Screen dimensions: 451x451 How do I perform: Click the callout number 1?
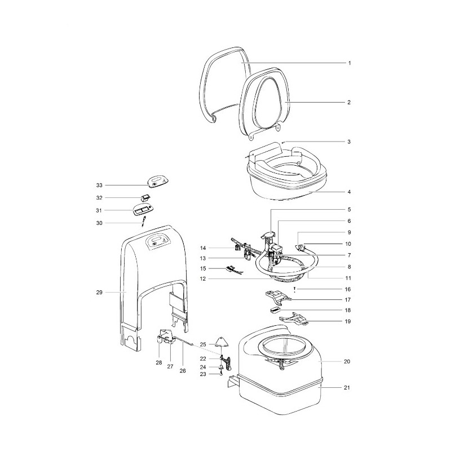point(349,63)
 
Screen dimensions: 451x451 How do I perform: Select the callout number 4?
point(349,192)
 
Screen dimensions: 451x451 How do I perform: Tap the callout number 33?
point(99,185)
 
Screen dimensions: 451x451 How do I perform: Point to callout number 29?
point(99,292)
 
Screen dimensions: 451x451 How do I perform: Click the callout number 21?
point(349,388)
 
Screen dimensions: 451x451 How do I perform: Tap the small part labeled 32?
point(145,197)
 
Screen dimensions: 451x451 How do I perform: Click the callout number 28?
point(158,364)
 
